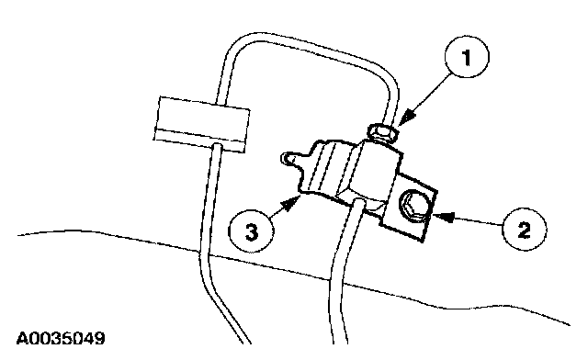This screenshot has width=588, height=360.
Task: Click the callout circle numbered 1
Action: (467, 57)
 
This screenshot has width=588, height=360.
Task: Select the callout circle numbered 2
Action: (524, 229)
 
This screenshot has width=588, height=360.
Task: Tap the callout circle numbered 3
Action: (251, 231)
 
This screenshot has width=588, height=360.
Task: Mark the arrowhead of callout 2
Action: (443, 216)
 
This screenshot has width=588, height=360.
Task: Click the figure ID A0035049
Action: (61, 338)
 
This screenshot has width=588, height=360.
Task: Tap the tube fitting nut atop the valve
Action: (382, 133)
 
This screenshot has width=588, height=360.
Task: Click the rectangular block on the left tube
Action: (202, 125)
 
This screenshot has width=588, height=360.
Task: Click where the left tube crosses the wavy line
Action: (204, 255)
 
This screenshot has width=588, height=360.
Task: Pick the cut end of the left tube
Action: (244, 342)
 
